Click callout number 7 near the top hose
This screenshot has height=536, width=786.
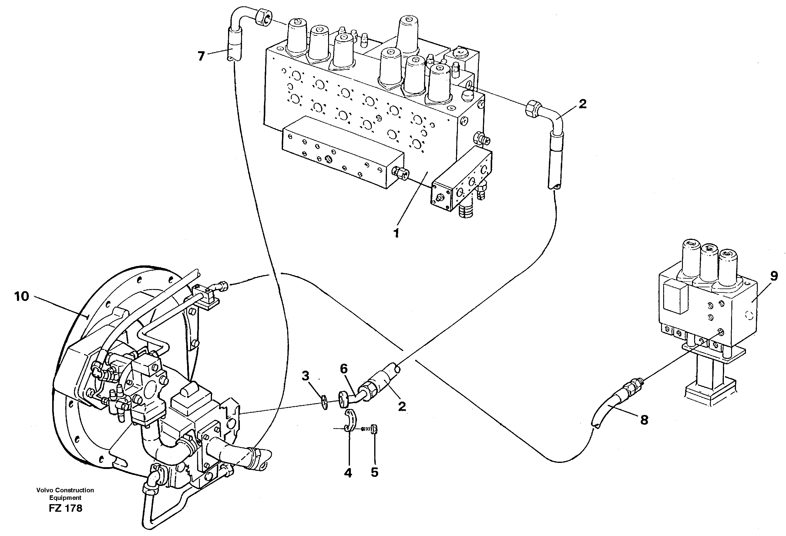pyautogui.click(x=201, y=56)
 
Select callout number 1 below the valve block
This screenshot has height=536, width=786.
pyautogui.click(x=396, y=233)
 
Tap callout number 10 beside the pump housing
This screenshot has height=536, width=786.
pyautogui.click(x=22, y=296)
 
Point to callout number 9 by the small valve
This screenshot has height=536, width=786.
pyautogui.click(x=774, y=276)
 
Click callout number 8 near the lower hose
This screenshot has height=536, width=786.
pyautogui.click(x=644, y=420)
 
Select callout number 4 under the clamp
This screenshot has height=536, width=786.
pyautogui.click(x=348, y=473)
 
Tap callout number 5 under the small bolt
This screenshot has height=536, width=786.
pyautogui.click(x=375, y=473)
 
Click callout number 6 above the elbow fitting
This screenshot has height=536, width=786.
pyautogui.click(x=344, y=369)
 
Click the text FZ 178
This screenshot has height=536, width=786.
pyautogui.click(x=65, y=508)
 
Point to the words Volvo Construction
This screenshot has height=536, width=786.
pyautogui.click(x=65, y=490)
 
